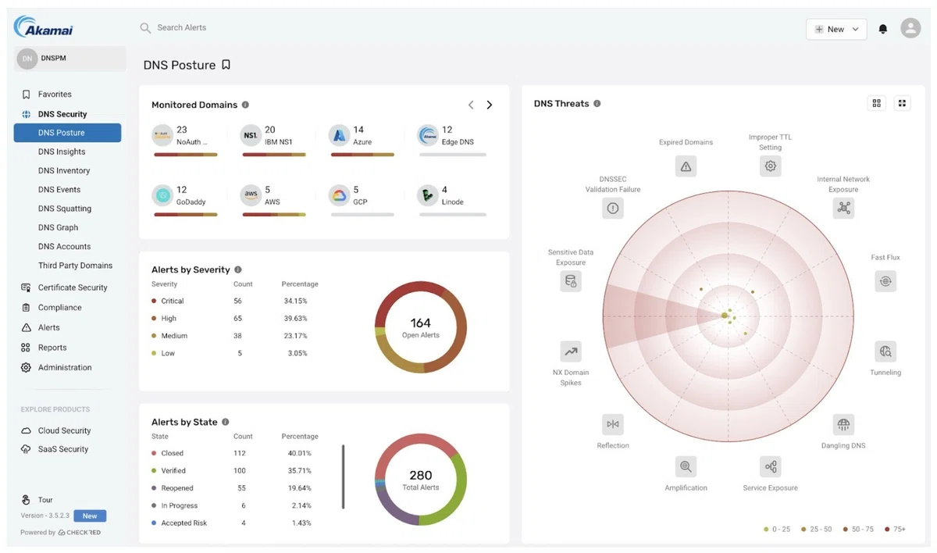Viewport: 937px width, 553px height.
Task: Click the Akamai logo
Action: [44, 27]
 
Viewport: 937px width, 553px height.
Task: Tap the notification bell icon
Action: [882, 29]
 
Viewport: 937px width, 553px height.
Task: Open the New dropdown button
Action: [836, 29]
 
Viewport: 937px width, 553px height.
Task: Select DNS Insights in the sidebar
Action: [62, 152]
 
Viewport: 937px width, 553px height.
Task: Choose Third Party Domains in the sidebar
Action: [75, 266]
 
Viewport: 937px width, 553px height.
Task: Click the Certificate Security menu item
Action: [73, 287]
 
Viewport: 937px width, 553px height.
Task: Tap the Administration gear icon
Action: [26, 367]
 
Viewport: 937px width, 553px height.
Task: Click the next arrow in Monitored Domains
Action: [489, 105]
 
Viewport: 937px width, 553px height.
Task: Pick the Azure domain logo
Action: [339, 135]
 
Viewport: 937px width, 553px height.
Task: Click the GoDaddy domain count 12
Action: [181, 190]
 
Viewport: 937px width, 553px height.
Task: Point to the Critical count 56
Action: [237, 301]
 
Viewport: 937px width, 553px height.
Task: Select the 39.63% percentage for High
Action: [295, 319]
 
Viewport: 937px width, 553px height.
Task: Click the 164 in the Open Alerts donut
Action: [420, 323]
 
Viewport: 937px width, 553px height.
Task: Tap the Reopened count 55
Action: [241, 487]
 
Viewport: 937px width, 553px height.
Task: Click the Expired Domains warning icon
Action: [686, 166]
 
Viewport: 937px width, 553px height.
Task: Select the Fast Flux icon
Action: [885, 281]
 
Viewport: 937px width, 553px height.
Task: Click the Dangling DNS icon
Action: [843, 425]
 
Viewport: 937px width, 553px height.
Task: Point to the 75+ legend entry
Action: [895, 529]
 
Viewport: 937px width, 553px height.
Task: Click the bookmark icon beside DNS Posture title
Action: [226, 64]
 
